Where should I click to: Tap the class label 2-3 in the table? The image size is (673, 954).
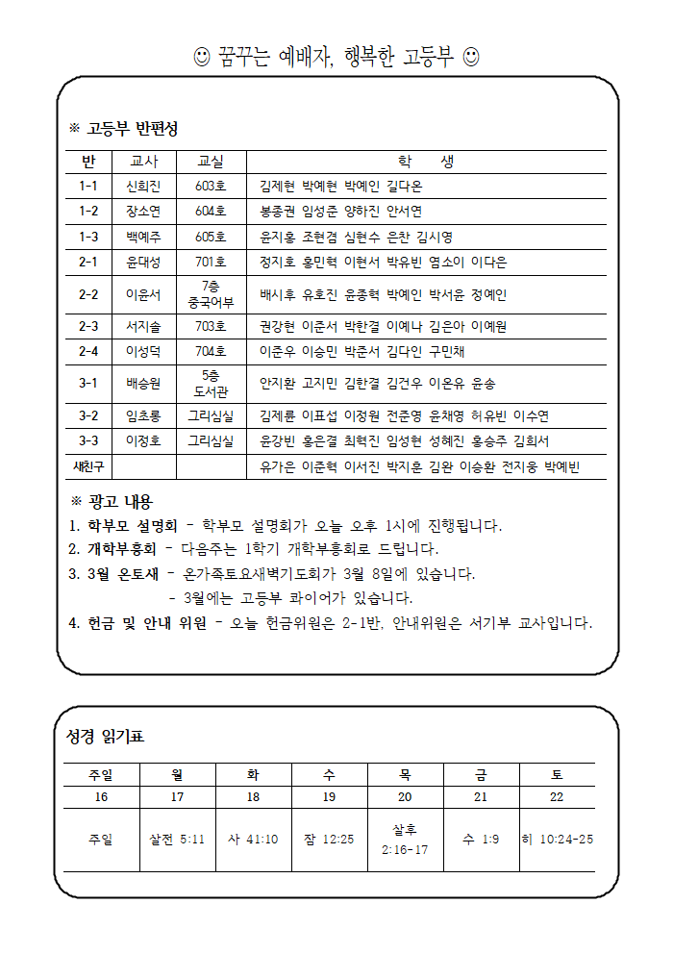pos(88,326)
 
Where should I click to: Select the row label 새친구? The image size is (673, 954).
pos(88,466)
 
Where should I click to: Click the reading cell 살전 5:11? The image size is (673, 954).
pos(177,839)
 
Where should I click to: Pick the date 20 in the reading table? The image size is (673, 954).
pos(405,796)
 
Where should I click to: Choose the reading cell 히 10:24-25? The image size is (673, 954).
pos(557,839)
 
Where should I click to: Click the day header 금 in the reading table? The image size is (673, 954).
pos(481,773)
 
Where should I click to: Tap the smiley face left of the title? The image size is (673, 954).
pos(202,58)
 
